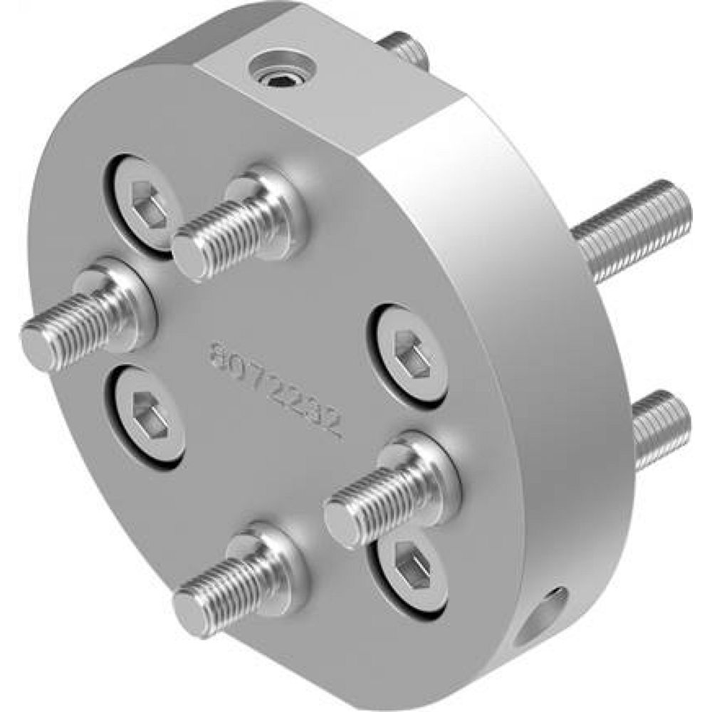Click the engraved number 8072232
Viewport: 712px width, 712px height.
[x=274, y=388]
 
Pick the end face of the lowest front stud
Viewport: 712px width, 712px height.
[x=192, y=612]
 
